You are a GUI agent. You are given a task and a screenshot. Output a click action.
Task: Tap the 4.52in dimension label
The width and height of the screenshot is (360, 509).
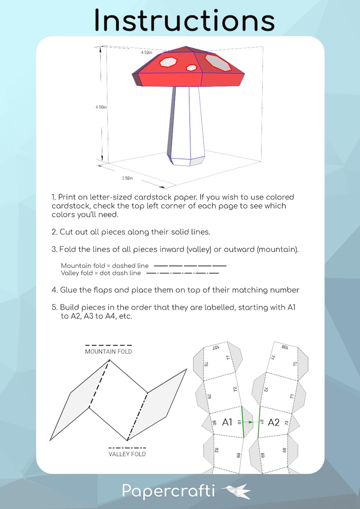coord(146,53)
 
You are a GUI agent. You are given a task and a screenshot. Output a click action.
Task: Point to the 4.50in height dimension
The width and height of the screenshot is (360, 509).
coord(101,107)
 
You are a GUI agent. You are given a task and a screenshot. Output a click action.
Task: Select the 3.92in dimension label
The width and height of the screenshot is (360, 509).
coord(127,178)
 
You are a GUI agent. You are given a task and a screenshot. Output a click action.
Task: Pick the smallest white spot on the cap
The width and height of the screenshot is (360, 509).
coord(192,68)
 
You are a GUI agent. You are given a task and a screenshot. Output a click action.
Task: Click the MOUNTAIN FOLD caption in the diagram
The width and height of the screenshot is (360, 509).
coord(108,351)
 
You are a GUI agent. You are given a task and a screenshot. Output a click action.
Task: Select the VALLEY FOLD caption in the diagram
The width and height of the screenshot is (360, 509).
coord(127,454)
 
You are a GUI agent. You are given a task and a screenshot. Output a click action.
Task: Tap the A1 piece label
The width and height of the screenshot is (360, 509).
coord(228,422)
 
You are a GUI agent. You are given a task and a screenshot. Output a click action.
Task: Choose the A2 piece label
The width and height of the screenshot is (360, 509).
coord(274,422)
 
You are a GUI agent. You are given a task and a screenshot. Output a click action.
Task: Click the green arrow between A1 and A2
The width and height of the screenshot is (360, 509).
coord(251,422)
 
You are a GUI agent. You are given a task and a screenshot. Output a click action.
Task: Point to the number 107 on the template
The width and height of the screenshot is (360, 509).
coord(216,348)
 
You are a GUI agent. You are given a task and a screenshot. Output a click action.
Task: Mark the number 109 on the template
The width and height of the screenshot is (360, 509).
coord(285,347)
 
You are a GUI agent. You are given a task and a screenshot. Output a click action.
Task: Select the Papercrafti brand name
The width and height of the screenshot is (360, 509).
coord(169,491)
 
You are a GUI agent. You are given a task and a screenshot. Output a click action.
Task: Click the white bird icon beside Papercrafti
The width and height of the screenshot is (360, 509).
coord(236,491)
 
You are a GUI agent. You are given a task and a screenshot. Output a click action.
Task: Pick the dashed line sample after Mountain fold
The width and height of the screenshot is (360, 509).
coord(190,266)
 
